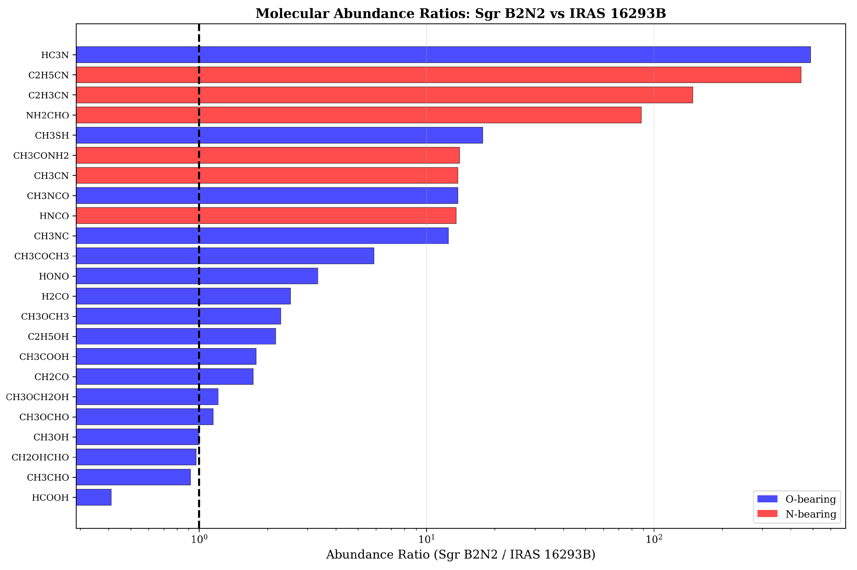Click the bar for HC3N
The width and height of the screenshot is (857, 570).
[443, 54]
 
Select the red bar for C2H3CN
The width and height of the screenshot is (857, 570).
[384, 95]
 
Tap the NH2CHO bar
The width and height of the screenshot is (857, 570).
[359, 115]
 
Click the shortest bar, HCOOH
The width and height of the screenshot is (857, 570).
[94, 497]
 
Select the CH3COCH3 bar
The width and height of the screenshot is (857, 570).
[225, 256]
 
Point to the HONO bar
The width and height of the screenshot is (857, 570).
[197, 276]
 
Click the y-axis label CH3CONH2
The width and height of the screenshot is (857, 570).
[41, 155]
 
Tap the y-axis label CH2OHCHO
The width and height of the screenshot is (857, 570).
[40, 457]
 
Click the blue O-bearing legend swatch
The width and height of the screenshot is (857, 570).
[767, 499]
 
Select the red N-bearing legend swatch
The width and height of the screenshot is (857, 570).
[767, 514]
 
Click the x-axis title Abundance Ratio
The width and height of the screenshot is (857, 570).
[461, 555]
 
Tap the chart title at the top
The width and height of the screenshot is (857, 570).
[461, 13]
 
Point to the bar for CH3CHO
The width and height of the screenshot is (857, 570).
[133, 477]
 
